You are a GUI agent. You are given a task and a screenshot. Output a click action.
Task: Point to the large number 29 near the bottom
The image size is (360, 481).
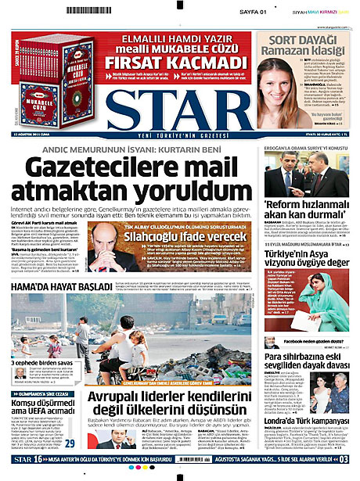point(70,443)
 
